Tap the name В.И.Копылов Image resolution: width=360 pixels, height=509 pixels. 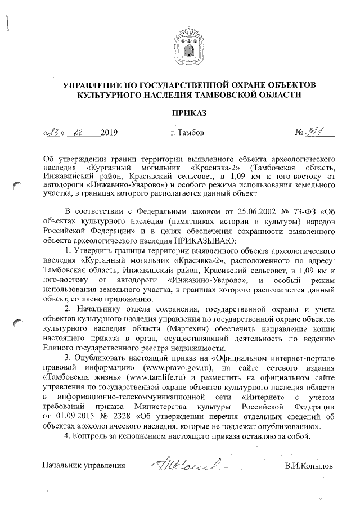coord(309,466)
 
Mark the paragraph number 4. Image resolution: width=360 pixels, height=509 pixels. coord(67,436)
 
